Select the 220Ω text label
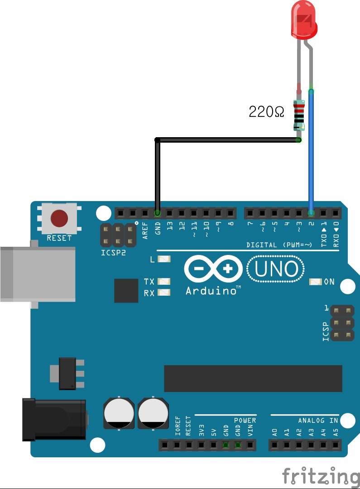pyautogui.click(x=267, y=112)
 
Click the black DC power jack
pyautogui.click(x=54, y=419)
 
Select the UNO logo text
pyautogui.click(x=276, y=270)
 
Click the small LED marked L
pyautogui.click(x=164, y=259)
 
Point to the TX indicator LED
pyautogui.click(x=164, y=282)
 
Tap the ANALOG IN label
pyautogui.click(x=318, y=421)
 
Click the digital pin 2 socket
pyautogui.click(x=311, y=213)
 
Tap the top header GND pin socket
pyautogui.click(x=157, y=213)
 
